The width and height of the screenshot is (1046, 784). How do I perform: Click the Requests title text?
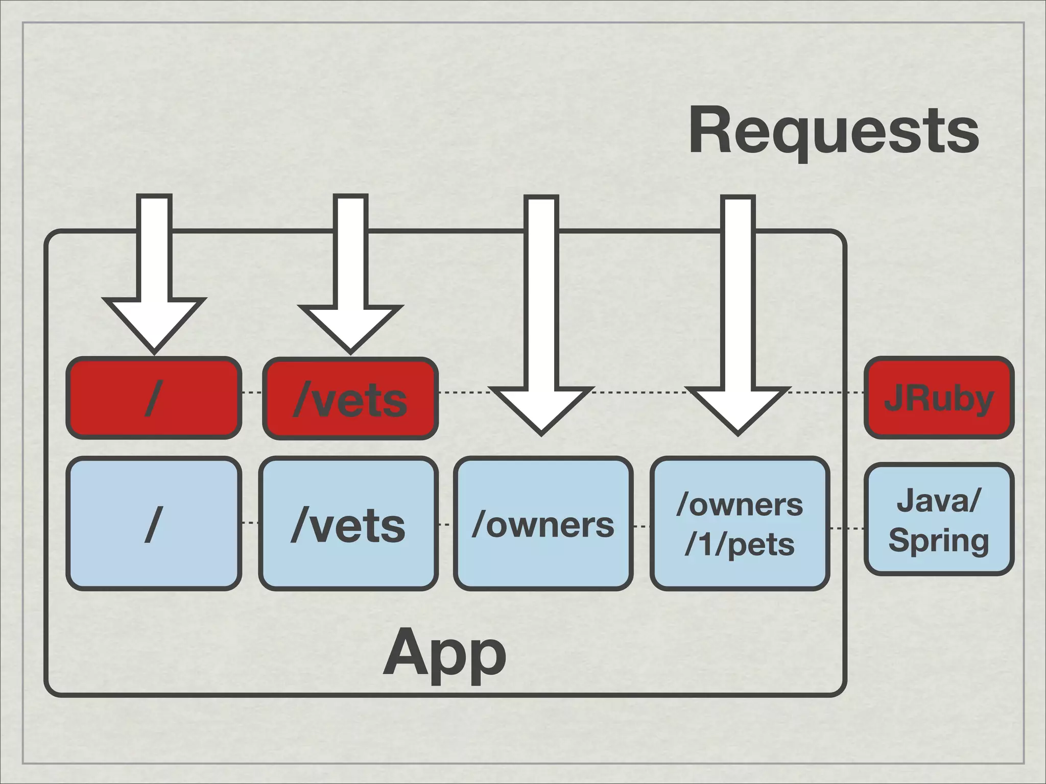[x=834, y=130]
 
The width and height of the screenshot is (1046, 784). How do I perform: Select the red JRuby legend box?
[x=939, y=398]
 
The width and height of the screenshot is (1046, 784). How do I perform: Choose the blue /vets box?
[x=348, y=524]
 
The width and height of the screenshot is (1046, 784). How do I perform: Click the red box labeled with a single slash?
[x=153, y=398]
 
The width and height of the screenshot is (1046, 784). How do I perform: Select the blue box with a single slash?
[x=153, y=524]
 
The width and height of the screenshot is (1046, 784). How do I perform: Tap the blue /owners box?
[x=543, y=524]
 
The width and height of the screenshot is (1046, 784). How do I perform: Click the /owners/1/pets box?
[x=739, y=524]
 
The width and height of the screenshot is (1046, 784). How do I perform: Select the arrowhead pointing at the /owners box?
[x=541, y=408]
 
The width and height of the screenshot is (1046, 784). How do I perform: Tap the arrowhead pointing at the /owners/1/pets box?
[x=738, y=408]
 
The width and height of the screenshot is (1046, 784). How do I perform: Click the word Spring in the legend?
[x=939, y=540]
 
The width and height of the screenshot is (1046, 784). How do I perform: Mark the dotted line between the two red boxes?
[x=252, y=393]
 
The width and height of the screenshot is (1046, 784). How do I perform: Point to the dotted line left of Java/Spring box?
[x=846, y=528]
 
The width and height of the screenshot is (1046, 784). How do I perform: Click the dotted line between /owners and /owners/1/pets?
[x=641, y=526]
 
